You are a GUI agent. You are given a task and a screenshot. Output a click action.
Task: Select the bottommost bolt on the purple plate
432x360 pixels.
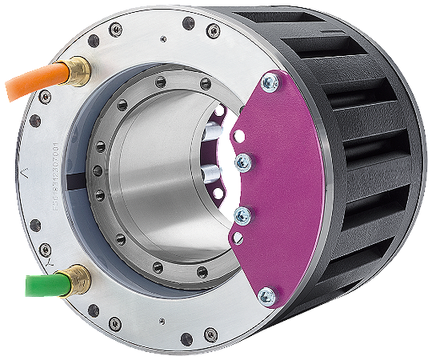[x=269, y=298]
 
